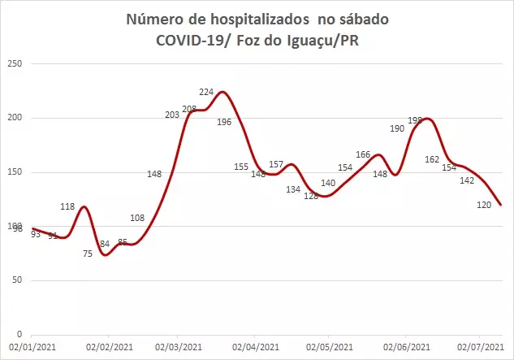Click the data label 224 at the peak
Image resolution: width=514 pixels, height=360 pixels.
[x=207, y=91]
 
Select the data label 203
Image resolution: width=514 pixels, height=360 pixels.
[x=172, y=115]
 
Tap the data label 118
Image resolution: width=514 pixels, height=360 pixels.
[x=67, y=206]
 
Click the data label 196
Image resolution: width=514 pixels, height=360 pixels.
[x=224, y=122]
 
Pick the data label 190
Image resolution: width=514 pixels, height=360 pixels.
[x=397, y=128]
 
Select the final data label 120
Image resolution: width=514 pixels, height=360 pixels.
[x=485, y=205]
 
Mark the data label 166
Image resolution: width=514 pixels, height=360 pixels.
[x=363, y=154]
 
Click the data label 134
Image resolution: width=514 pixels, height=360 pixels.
[x=293, y=189]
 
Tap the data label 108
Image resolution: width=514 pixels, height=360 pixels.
[x=137, y=218]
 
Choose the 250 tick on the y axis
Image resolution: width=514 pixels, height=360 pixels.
[x=14, y=64]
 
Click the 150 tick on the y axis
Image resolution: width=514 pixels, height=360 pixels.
[x=14, y=172]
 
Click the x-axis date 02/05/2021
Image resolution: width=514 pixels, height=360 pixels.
[x=330, y=347]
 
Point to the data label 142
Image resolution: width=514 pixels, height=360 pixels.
[x=467, y=180]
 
